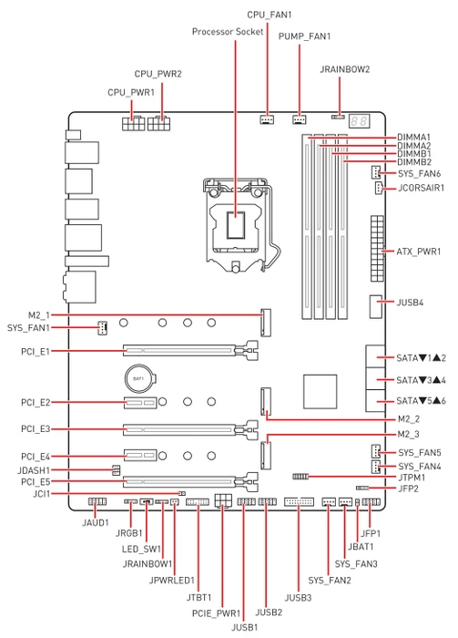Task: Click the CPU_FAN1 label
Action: click(269, 15)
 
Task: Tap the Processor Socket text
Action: click(228, 31)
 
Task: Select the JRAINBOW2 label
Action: click(344, 69)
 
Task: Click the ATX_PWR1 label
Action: click(419, 252)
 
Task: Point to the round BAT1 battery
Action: click(138, 379)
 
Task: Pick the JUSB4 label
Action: click(410, 303)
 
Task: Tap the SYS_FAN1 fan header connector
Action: click(102, 327)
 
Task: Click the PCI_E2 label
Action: click(36, 403)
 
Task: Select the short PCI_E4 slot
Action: click(140, 456)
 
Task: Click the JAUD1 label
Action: click(96, 522)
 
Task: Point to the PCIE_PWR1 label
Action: click(216, 612)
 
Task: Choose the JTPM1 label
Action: click(412, 478)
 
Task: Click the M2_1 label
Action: click(39, 315)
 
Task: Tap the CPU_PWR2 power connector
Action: click(158, 123)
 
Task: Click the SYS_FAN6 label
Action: click(419, 174)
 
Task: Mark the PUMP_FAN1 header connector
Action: click(299, 119)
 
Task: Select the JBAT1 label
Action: click(361, 547)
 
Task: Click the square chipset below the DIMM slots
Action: click(321, 392)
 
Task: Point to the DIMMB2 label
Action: click(414, 162)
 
